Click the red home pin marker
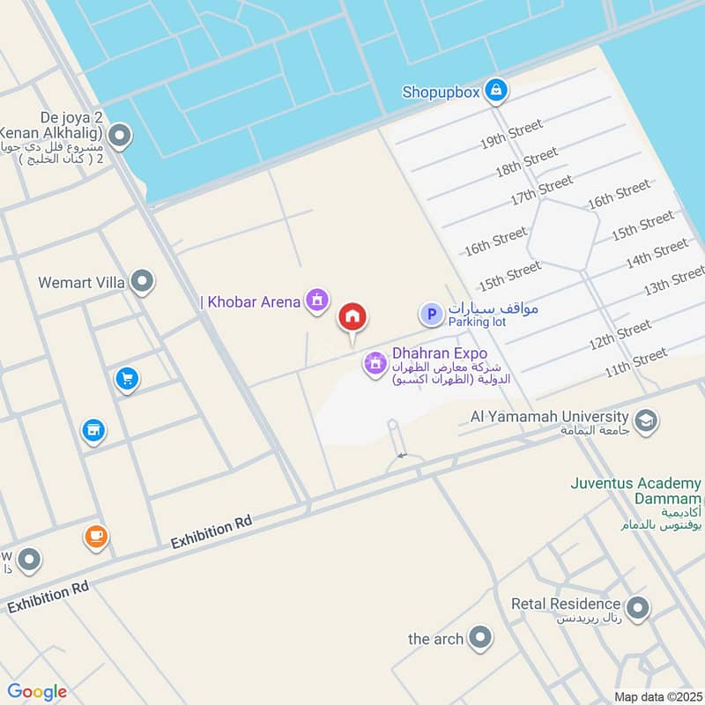point(352,317)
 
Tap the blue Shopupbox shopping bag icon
point(497,90)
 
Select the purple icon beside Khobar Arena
point(316,302)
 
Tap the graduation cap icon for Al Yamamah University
point(645,421)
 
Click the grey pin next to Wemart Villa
point(142,282)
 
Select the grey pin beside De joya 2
point(120,136)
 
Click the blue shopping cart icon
point(127,380)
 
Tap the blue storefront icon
point(93,430)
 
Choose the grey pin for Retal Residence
point(636,607)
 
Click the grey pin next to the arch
point(480,638)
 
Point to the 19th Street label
point(511,135)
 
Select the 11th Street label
point(636,362)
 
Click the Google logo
point(37,691)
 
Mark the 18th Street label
point(526,163)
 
